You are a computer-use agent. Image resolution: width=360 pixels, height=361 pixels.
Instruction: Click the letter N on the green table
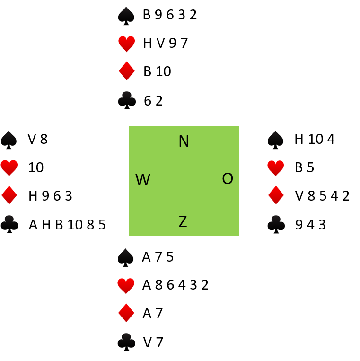tap(184, 141)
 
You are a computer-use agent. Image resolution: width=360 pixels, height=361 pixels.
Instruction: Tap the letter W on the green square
tap(142, 180)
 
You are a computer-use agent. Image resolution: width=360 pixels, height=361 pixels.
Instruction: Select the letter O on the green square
tap(228, 179)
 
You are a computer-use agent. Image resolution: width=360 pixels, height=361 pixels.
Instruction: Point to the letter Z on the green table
tap(183, 222)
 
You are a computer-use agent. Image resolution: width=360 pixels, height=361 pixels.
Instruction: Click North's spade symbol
tap(127, 17)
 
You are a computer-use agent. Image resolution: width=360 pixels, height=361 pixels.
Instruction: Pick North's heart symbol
tap(126, 44)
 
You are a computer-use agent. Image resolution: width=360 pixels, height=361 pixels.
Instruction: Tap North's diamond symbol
tap(127, 70)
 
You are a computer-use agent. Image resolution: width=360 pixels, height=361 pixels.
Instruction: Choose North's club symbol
tap(127, 100)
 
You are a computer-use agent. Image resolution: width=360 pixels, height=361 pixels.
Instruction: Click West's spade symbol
tap(9, 141)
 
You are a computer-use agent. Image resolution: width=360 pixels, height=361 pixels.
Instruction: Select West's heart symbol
tap(9, 168)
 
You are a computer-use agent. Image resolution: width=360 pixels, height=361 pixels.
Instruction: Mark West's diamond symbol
tap(9, 194)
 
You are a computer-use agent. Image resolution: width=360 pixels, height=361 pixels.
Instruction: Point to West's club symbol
tap(9, 224)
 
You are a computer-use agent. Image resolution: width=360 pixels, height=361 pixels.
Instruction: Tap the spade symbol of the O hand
tap(276, 141)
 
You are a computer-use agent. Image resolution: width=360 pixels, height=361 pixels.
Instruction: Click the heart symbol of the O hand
tap(275, 168)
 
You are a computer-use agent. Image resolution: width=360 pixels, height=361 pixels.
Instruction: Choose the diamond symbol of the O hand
tap(276, 194)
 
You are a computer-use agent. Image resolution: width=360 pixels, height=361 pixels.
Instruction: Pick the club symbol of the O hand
tap(276, 224)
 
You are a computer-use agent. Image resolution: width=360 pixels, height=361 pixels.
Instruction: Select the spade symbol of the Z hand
tap(126, 258)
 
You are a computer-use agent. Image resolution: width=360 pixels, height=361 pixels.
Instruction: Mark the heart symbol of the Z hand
tap(126, 286)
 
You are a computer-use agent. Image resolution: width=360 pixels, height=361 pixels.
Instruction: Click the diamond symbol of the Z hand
tap(126, 312)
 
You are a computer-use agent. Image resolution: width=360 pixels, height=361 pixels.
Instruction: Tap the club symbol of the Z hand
tap(126, 342)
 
